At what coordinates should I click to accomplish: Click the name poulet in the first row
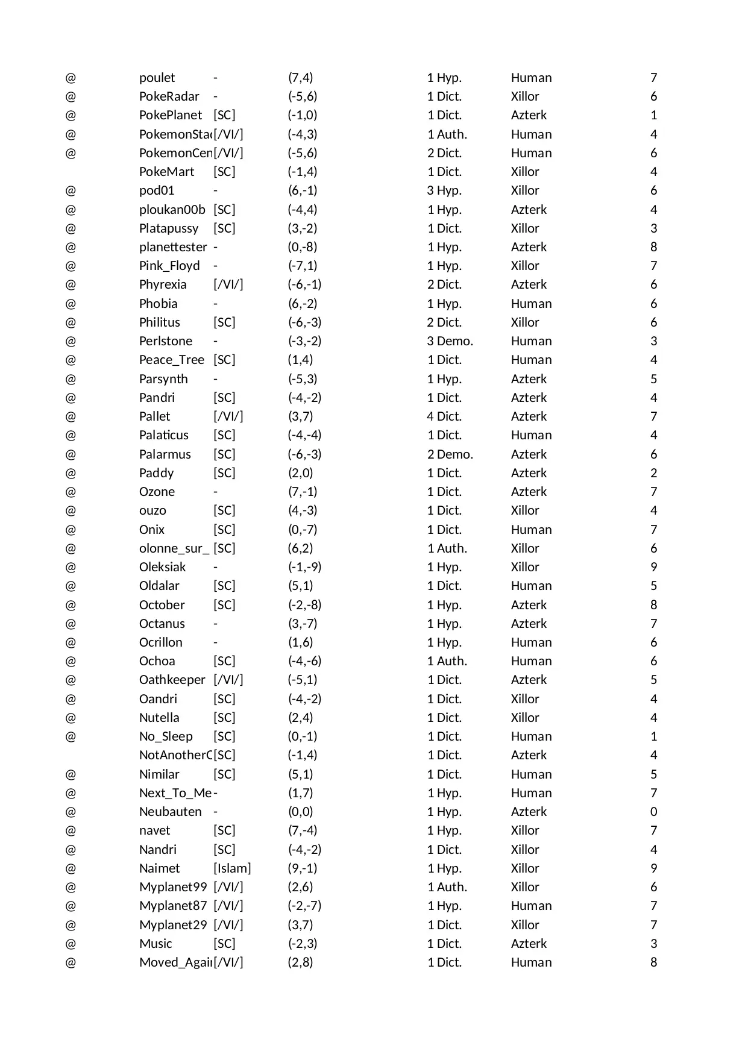157,78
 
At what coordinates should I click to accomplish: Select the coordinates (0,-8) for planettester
302,247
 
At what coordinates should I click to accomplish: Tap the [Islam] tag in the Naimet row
232,868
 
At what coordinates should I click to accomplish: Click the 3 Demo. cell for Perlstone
450,341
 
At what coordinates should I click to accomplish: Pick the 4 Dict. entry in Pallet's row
444,416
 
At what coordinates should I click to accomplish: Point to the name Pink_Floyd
169,266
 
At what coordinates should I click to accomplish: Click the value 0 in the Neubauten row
653,812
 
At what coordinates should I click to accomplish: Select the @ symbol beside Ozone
71,492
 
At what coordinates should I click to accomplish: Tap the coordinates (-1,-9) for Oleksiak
304,567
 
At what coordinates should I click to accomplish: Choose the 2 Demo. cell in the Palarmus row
450,454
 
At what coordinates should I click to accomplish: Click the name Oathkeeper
172,680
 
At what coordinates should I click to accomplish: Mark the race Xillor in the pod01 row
525,190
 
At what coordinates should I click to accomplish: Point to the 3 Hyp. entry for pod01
444,190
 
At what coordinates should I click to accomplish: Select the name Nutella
159,718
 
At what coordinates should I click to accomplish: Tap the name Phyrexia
163,284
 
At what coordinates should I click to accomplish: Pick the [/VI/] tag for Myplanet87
228,906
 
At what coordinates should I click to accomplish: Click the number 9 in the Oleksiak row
653,567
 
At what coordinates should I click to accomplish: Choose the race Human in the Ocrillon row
531,642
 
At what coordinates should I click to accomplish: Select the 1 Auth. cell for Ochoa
447,661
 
